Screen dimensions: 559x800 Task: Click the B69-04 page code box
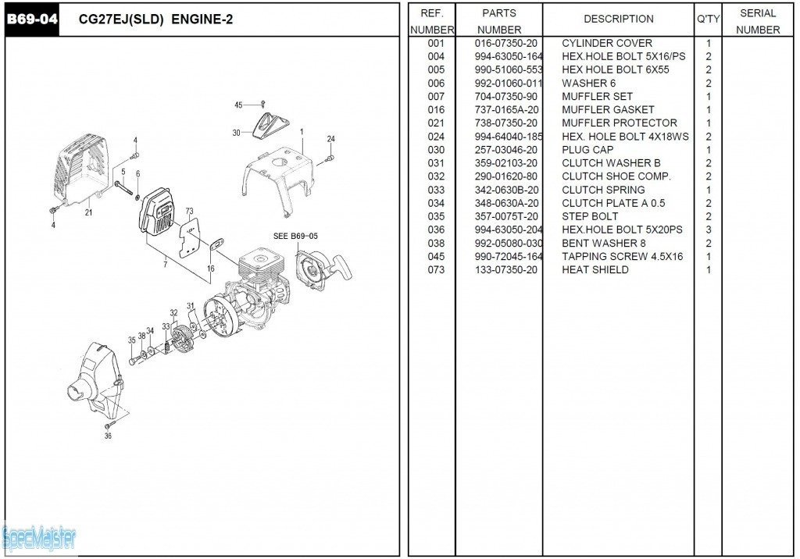coord(31,20)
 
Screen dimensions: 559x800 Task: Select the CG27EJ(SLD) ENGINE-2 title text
coord(156,20)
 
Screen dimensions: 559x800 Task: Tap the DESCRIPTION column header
coord(618,19)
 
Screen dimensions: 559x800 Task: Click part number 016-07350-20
coord(505,44)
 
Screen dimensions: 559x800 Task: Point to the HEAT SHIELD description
coord(595,270)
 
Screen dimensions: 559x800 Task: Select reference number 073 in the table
coord(436,270)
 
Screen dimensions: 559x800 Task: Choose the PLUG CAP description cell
coord(587,150)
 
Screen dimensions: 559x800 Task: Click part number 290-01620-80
coord(505,176)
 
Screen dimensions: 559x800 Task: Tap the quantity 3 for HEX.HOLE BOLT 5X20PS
coord(708,230)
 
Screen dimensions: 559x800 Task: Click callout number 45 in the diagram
coord(238,105)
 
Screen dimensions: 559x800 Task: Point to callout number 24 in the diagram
coord(330,139)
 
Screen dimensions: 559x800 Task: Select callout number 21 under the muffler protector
coord(88,212)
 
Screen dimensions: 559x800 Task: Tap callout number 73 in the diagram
coord(189,212)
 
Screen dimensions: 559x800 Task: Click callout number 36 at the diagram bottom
coord(108,436)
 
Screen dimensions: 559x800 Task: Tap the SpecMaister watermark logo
coord(39,537)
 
